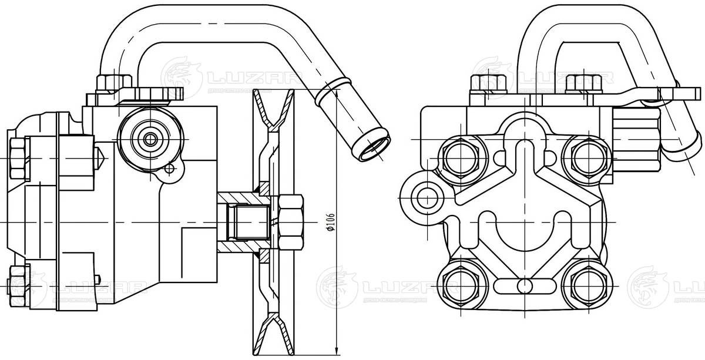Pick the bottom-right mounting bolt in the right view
[585, 285]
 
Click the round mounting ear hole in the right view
[424, 196]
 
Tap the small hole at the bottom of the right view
[523, 286]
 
